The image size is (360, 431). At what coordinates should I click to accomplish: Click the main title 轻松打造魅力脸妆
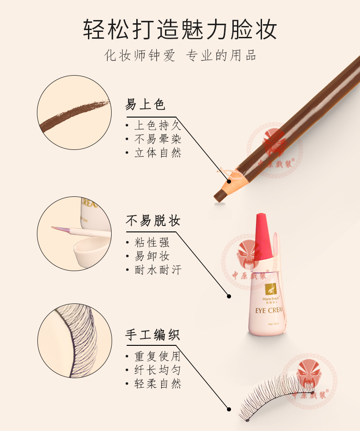[x=180, y=30]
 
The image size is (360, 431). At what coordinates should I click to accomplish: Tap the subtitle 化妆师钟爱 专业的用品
[x=180, y=55]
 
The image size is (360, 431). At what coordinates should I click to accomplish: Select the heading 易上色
[x=145, y=104]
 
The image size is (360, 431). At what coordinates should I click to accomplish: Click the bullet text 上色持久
[x=158, y=125]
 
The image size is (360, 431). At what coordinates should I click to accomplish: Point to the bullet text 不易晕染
[x=158, y=139]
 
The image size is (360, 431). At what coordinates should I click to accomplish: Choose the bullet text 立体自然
[x=158, y=153]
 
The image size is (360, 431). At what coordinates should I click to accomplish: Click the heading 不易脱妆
[x=153, y=221]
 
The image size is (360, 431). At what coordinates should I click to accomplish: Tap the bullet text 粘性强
[x=152, y=242]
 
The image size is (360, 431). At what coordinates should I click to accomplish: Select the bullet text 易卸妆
[x=152, y=256]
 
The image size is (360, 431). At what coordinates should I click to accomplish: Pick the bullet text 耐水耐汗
[x=158, y=270]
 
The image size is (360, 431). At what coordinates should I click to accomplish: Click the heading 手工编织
[x=153, y=335]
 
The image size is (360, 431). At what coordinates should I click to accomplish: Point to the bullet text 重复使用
[x=158, y=357]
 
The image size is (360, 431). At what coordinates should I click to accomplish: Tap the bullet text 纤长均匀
[x=158, y=370]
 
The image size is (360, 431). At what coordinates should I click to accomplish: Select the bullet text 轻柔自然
[x=158, y=384]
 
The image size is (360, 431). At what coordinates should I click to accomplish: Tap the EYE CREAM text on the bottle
[x=269, y=310]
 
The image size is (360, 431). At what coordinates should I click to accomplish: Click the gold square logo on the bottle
[x=270, y=289]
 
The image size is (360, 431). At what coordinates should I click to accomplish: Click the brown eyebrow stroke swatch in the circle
[x=74, y=115]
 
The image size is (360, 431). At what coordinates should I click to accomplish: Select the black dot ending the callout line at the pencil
[x=229, y=181]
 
